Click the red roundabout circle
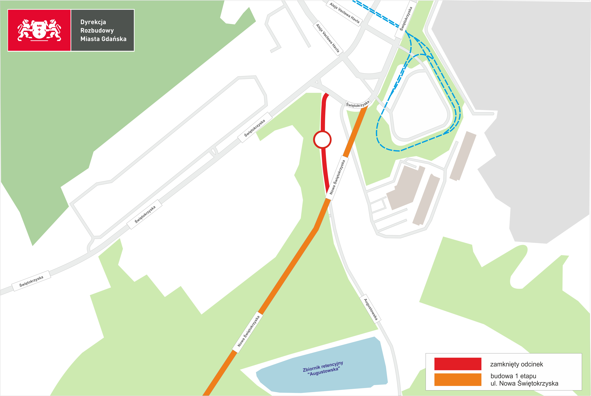(x=322, y=139)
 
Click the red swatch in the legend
(x=458, y=364)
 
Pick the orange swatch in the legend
(x=458, y=380)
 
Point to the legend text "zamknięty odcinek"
(x=516, y=364)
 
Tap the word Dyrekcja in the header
(x=93, y=22)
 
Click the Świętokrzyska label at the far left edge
(x=31, y=281)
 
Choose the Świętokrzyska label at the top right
(x=406, y=19)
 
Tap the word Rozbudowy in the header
(x=97, y=31)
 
